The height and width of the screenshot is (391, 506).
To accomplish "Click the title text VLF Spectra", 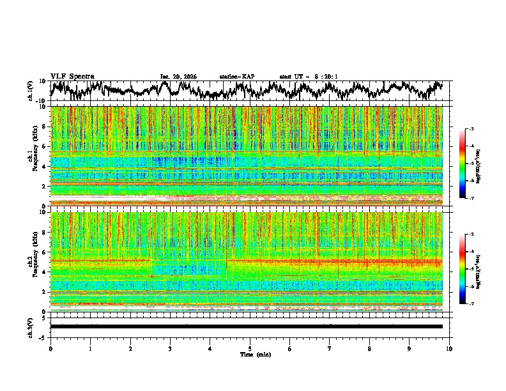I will click(72, 76).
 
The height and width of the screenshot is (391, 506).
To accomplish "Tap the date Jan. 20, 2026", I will click(178, 77).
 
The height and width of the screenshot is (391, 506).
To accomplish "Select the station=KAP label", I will click(237, 77).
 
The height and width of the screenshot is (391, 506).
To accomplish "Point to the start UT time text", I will click(309, 77).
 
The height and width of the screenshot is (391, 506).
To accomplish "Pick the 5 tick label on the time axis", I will click(250, 348).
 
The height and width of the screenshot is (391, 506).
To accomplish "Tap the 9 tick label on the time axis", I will click(410, 348).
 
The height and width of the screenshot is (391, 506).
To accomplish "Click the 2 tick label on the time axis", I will click(130, 348).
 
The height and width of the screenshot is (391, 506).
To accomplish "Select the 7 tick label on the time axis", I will click(330, 348).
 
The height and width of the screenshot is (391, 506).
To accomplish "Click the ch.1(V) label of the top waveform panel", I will click(31, 91).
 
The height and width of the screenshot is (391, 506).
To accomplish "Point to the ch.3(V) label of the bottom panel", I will click(31, 326).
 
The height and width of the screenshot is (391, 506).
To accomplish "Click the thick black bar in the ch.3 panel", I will click(246, 326).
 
